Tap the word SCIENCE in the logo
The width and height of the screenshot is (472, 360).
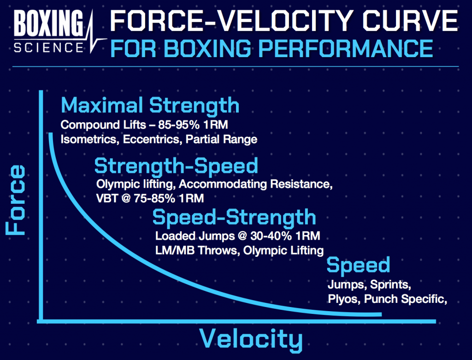[48, 47]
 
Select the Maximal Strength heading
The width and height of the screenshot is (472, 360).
[150, 105]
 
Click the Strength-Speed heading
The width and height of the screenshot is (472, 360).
[176, 165]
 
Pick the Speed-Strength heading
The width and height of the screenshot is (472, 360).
[234, 217]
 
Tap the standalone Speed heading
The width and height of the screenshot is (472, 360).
[358, 266]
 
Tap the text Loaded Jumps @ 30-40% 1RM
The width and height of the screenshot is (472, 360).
[237, 236]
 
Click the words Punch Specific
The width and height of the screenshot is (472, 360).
[405, 299]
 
